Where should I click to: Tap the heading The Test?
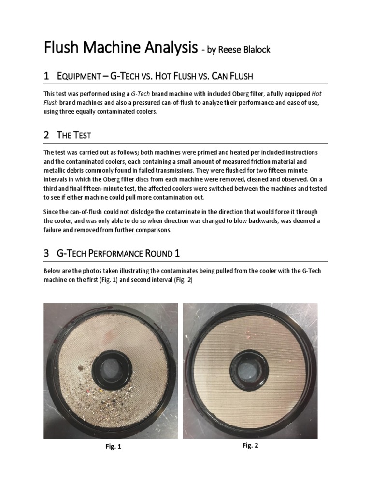click(72, 136)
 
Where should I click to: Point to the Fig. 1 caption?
click(113, 447)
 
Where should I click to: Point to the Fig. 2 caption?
click(250, 446)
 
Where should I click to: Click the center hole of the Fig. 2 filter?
click(249, 365)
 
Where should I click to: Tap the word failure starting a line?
click(54, 230)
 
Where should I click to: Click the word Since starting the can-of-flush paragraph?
click(51, 212)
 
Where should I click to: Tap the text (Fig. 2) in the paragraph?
click(182, 280)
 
